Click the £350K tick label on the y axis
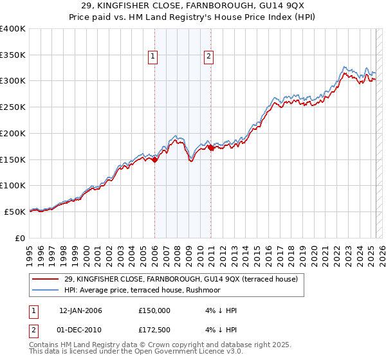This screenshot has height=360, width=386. pos(13,55)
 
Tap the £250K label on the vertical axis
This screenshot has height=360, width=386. pos(13,107)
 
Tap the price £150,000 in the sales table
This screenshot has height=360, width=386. pos(154,310)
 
